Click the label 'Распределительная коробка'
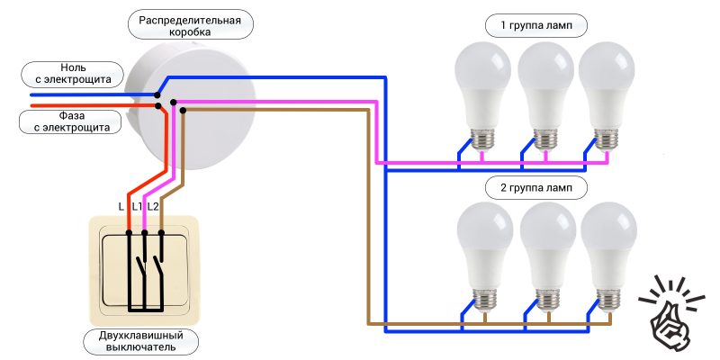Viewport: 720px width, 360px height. (189, 24)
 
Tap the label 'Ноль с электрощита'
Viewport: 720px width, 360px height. (72, 74)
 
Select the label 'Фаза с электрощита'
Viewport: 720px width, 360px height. (71, 121)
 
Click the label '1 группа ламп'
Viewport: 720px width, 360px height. (535, 25)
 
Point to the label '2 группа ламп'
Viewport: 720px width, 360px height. (535, 188)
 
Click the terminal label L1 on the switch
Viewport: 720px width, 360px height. (137, 207)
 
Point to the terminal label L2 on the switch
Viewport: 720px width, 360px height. (153, 207)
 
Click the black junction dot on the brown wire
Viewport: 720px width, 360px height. (183, 110)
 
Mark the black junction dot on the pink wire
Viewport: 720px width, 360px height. (174, 102)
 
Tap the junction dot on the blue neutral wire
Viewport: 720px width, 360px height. (157, 94)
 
